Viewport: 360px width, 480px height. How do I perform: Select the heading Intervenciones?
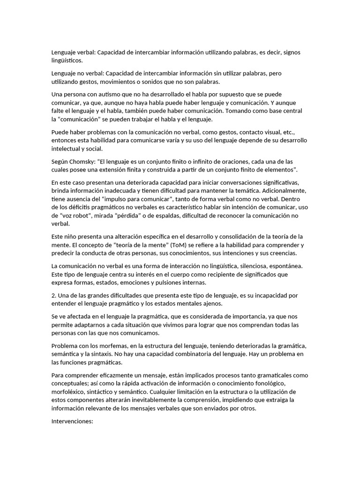point(73,421)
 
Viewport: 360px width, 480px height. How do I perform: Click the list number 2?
point(53,295)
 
